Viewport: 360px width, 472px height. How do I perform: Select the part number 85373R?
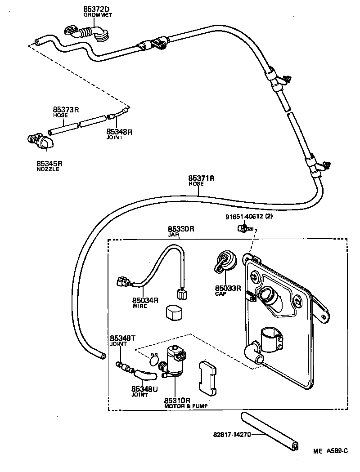(x=66, y=110)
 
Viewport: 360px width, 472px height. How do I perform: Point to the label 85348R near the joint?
(x=119, y=132)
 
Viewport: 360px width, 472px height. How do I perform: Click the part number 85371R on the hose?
(x=201, y=178)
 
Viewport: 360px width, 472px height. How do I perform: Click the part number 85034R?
(x=145, y=300)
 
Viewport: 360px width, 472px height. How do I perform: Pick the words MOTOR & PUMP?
(x=186, y=405)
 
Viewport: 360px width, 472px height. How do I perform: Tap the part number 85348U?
(x=144, y=389)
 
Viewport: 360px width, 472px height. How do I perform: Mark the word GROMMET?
(x=97, y=15)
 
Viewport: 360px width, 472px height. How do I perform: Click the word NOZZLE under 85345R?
(x=48, y=169)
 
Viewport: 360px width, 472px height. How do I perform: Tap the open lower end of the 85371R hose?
(x=103, y=356)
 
